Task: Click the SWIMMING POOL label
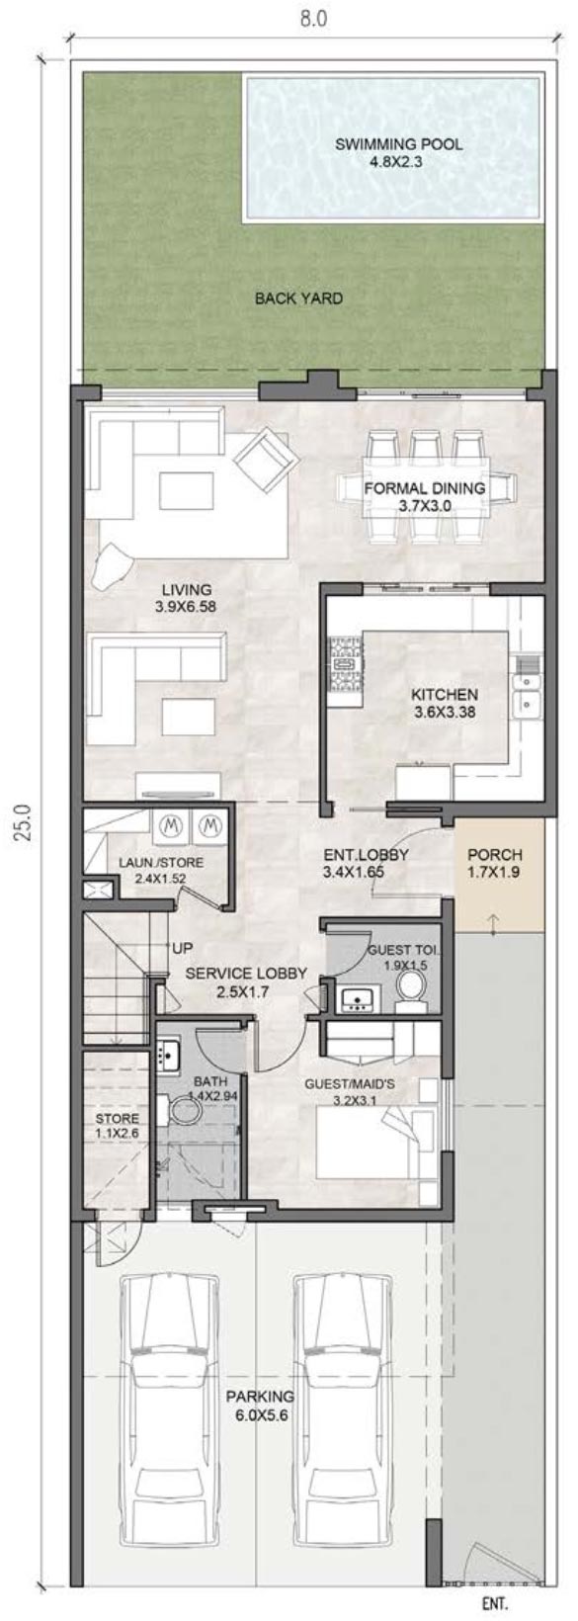click(397, 152)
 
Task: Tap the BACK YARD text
click(298, 298)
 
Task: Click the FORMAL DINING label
click(424, 496)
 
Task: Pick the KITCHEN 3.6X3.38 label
click(444, 703)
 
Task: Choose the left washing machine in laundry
click(170, 822)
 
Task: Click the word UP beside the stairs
click(183, 948)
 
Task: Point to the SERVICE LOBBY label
click(246, 981)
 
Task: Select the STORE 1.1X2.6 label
click(117, 1126)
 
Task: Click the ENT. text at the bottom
click(495, 1604)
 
